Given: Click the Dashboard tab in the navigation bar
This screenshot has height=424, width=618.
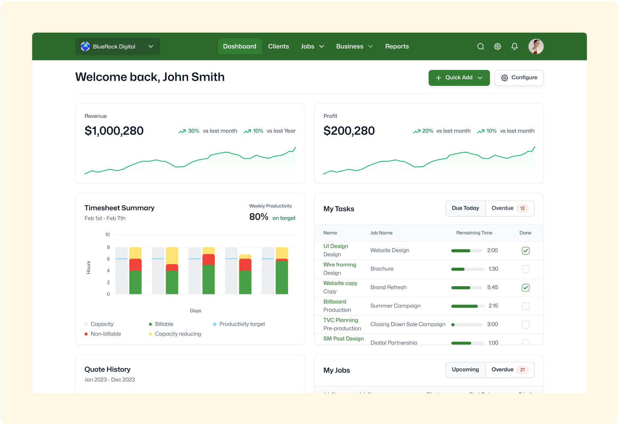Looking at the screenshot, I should coord(239,46).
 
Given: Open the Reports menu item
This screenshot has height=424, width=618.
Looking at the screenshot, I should coord(397,46).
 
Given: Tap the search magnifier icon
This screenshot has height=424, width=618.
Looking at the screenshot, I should coord(480,46).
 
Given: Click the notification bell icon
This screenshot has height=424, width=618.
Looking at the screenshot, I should coord(514,46).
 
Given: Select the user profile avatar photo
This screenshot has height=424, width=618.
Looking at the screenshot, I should coord(535,46).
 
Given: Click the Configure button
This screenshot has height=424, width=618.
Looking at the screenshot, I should coord(519,78).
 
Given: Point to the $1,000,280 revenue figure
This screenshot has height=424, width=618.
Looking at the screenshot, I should coord(114,131).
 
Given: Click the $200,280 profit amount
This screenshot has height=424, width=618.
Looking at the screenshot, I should coord(349,131).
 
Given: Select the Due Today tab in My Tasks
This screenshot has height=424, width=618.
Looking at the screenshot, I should coord(465,208).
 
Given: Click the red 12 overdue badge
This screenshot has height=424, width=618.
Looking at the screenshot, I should coord(522,208).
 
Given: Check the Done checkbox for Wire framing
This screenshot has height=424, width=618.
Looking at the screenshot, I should coord(525,269).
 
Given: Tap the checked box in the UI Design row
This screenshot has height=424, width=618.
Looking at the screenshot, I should coord(525,251).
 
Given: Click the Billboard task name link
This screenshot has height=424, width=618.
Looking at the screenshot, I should coord(335,301).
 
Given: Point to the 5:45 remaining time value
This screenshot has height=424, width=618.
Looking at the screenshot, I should coord(492,287).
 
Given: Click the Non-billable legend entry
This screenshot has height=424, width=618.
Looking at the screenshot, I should coord(105,334).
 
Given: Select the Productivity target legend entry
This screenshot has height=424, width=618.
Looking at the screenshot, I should coord(242,324).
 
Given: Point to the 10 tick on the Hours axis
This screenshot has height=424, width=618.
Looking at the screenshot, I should coord(107,234).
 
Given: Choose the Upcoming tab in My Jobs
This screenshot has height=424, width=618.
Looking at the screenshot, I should coord(465,369).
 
